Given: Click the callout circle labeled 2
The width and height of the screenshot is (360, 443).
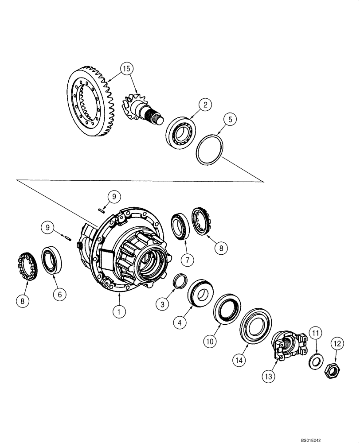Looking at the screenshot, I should click(204, 105).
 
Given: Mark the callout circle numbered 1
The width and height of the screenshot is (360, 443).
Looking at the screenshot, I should click(119, 311).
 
